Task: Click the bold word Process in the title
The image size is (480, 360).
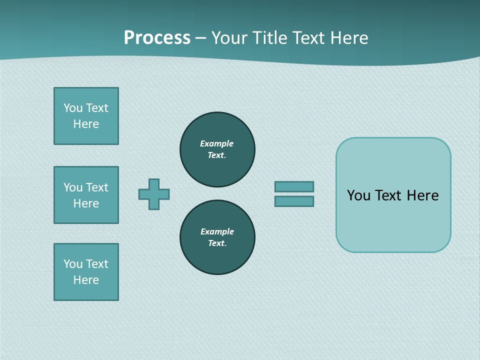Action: pos(157,38)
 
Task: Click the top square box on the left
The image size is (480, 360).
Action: pos(86,116)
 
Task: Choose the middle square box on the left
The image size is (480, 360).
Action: pos(86,195)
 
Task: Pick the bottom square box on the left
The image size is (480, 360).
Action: pos(86,272)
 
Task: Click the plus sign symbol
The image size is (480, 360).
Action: pos(154,194)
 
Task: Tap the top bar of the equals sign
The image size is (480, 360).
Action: pos(294,186)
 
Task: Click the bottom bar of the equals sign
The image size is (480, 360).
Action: pos(294,201)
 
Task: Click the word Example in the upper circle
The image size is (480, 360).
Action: pos(217,143)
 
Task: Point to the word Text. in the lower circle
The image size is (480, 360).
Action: pos(217,243)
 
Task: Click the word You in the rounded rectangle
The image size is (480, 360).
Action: pos(358,195)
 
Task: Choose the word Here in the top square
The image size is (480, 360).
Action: pos(86,124)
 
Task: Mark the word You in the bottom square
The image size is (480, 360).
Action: pos(73,264)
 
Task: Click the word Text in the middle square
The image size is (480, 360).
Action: pos(97,187)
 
